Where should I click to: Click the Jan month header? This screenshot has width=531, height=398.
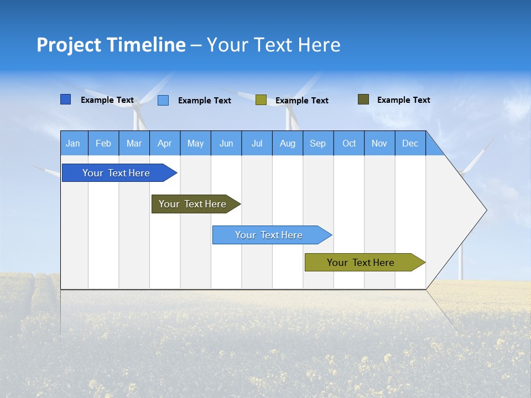click(74, 143)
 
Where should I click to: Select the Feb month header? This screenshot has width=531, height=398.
click(103, 143)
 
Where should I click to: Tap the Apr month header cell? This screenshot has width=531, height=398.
click(164, 143)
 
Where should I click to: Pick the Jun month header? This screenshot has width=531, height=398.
click(226, 143)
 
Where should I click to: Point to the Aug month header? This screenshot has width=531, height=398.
click(288, 143)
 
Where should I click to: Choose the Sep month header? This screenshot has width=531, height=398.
click(318, 143)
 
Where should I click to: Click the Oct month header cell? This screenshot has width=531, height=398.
click(349, 143)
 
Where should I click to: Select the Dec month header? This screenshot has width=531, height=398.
click(410, 143)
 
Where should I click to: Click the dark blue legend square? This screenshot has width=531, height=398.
click(66, 99)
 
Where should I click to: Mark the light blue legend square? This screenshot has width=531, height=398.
click(163, 100)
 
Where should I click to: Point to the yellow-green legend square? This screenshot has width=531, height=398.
click(261, 100)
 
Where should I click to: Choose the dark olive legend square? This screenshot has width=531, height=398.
click(363, 99)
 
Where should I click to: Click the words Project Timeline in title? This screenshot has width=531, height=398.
click(111, 45)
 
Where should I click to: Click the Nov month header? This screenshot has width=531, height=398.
click(379, 143)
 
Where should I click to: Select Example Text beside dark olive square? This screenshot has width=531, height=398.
click(403, 100)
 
